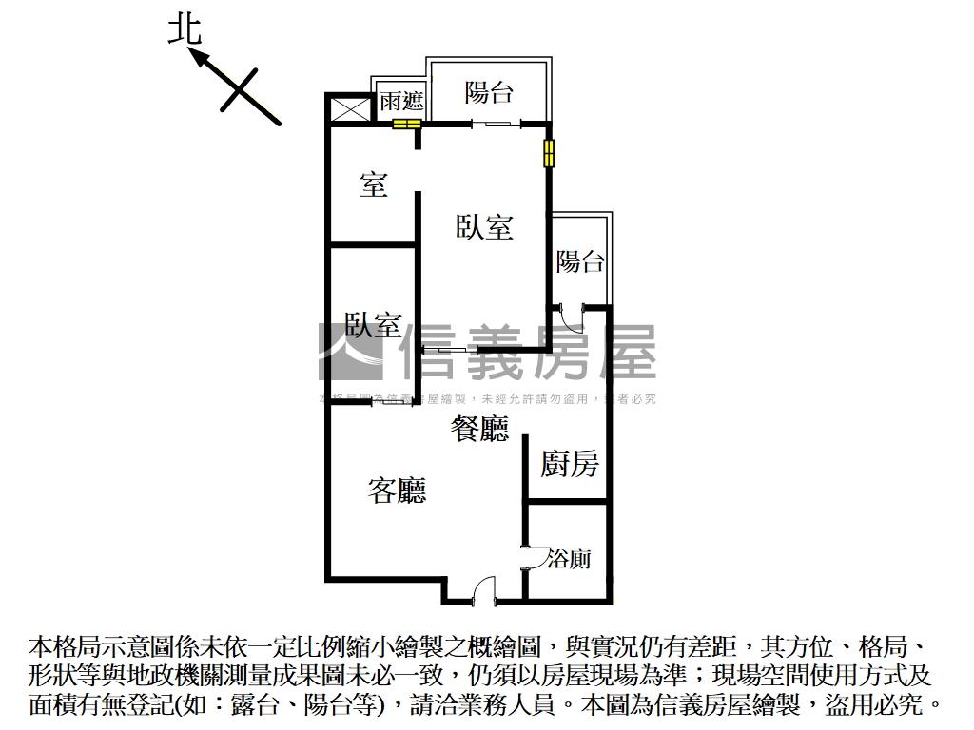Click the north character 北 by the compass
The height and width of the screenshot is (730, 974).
pyautogui.click(x=185, y=29)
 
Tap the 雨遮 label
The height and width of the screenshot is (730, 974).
pyautogui.click(x=401, y=101)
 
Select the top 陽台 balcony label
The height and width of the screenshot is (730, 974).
pyautogui.click(x=489, y=92)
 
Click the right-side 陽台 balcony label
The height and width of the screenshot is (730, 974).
pyautogui.click(x=580, y=260)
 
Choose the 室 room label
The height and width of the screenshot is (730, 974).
pyautogui.click(x=374, y=184)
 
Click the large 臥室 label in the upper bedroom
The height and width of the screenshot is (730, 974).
pyautogui.click(x=484, y=227)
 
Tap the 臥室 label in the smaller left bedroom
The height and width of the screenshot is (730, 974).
pyautogui.click(x=373, y=325)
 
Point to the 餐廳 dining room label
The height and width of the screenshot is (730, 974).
pyautogui.click(x=479, y=430)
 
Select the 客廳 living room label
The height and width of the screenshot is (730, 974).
pyautogui.click(x=397, y=490)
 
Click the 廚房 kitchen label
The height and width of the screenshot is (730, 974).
pyautogui.click(x=570, y=464)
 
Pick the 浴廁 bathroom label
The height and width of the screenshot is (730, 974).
pyautogui.click(x=569, y=559)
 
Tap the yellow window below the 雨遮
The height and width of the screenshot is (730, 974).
pyautogui.click(x=407, y=124)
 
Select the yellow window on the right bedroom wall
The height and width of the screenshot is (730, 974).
pyautogui.click(x=549, y=153)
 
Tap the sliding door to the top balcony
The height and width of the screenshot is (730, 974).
pyautogui.click(x=497, y=123)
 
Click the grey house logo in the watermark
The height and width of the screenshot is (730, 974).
pyautogui.click(x=350, y=352)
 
